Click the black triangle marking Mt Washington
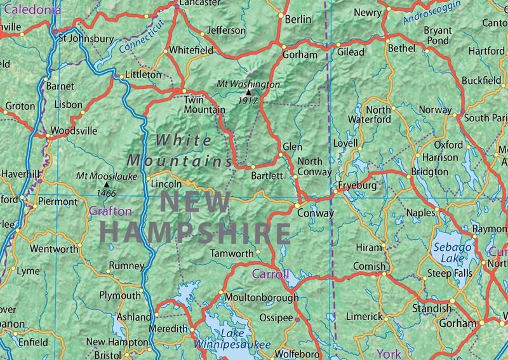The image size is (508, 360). [x=248, y=93]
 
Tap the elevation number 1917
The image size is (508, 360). [x=248, y=100]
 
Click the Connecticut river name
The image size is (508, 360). [x=141, y=36]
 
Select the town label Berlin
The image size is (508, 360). [x=298, y=20]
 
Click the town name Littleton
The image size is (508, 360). [x=144, y=74]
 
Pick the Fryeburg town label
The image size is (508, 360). [x=357, y=185]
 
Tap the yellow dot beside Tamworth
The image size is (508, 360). [x=258, y=253]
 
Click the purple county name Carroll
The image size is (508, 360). [x=271, y=274]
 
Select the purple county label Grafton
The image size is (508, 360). [x=110, y=211]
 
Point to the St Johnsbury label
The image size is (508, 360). [x=86, y=38]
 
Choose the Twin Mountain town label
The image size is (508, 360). [x=204, y=105]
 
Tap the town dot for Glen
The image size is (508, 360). [x=279, y=154]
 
